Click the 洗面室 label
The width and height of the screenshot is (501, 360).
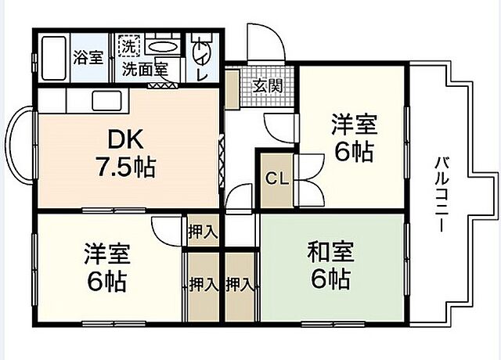[x=144, y=68]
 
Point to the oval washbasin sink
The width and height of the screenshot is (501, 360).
[x=162, y=47]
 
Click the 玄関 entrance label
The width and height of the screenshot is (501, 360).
[x=267, y=85]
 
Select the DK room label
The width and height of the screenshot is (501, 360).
[x=124, y=139]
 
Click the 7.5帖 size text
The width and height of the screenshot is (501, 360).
[x=124, y=166]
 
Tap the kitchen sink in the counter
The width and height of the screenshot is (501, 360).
[x=103, y=100]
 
